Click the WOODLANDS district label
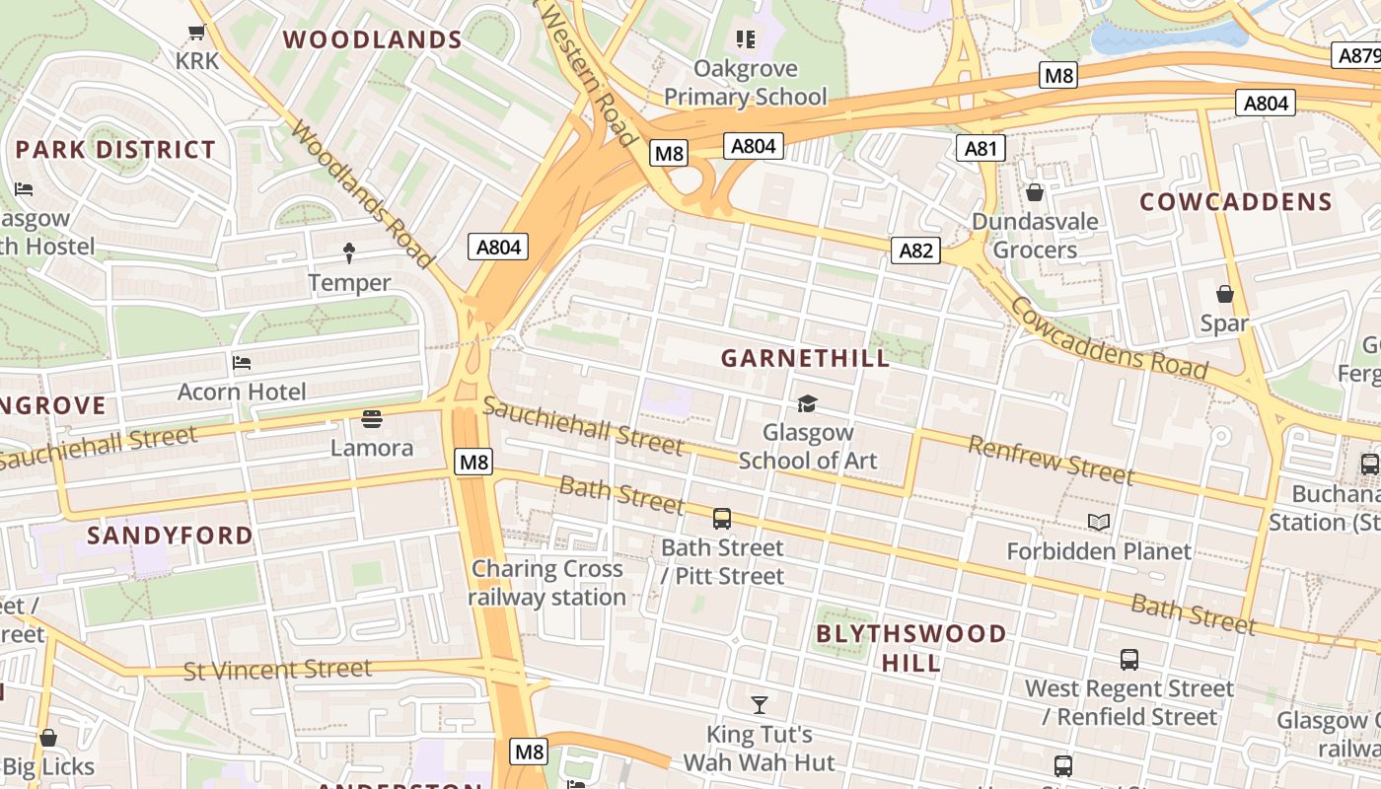click(x=373, y=40)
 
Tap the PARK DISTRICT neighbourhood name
click(x=115, y=150)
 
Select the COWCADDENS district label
click(x=1236, y=202)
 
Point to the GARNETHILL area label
click(x=805, y=358)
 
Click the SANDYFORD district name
click(x=170, y=536)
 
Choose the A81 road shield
click(x=981, y=149)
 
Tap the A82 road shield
click(x=915, y=251)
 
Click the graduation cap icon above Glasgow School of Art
click(x=807, y=403)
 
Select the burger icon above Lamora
click(x=372, y=419)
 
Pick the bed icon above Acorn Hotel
click(x=242, y=363)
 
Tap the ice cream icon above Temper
click(x=349, y=253)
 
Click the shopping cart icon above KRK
click(x=196, y=33)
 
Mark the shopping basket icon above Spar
click(x=1224, y=294)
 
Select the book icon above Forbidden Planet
click(x=1099, y=522)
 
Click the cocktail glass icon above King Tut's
click(x=760, y=705)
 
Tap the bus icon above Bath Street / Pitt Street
click(x=722, y=519)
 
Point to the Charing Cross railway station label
click(x=546, y=583)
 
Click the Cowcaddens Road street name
click(x=1108, y=338)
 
